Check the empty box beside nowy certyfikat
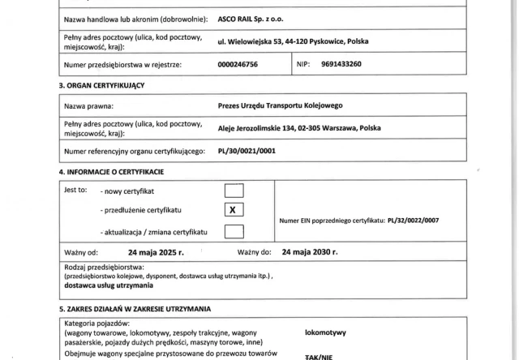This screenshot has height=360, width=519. [x=234, y=191]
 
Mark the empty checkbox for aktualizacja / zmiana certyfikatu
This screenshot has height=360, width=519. [x=234, y=231]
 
